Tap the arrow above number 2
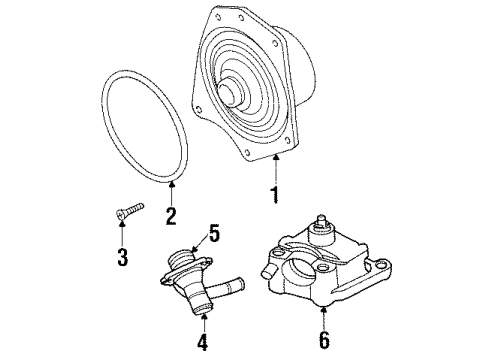point(171,190)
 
